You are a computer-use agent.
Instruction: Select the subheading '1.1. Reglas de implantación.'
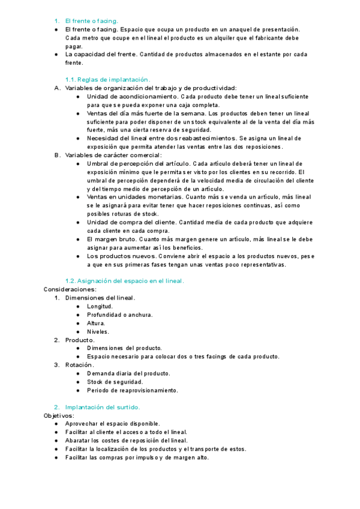[107, 79]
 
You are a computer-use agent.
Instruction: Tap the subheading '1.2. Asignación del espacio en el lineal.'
[124, 280]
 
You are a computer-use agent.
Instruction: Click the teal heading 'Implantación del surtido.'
[103, 406]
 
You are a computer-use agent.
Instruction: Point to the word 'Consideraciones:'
[70, 289]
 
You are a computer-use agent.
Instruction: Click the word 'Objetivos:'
[58, 415]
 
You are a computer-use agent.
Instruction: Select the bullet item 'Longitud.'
[100, 306]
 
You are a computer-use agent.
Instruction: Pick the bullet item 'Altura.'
[96, 323]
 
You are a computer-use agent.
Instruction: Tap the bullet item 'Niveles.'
[98, 331]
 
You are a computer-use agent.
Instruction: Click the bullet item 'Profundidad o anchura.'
[119, 315]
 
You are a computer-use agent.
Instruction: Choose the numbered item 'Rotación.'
[79, 364]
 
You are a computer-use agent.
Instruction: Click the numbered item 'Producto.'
[80, 340]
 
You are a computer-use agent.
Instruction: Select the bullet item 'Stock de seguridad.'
[115, 381]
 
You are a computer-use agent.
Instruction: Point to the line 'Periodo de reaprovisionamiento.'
[132, 390]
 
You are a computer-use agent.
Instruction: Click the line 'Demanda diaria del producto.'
[128, 373]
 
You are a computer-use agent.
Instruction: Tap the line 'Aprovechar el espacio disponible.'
[112, 423]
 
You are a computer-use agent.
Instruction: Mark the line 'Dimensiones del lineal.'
[100, 298]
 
